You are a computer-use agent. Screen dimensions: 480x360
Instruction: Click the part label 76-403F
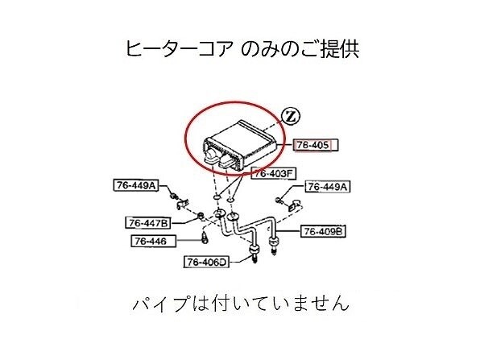tap(274, 174)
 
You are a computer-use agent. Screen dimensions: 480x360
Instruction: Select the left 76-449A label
tap(136, 185)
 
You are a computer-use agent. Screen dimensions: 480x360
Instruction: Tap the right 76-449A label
tap(328, 186)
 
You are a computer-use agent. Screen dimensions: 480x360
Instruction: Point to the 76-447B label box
tap(148, 223)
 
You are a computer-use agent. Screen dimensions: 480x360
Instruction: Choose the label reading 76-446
tap(154, 241)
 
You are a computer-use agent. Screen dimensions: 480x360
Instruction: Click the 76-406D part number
tap(206, 262)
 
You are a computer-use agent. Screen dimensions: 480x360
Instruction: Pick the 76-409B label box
tap(323, 231)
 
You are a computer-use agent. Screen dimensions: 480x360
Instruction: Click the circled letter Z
tap(291, 116)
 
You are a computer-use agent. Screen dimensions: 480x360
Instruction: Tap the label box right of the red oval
tap(316, 145)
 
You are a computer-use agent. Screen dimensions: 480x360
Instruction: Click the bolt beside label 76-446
tap(205, 238)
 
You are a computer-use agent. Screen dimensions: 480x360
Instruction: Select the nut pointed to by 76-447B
tap(201, 217)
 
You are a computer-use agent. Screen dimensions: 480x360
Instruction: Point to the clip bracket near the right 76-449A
tap(295, 205)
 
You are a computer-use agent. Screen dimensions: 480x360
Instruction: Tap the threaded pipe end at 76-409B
tap(274, 245)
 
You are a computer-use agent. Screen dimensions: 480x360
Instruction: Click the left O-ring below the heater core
tap(217, 197)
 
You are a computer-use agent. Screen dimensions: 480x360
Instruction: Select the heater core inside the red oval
tap(239, 144)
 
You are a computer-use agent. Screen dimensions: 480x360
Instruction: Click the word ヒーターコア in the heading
tap(177, 49)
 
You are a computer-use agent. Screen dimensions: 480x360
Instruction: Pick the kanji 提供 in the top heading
tap(340, 49)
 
